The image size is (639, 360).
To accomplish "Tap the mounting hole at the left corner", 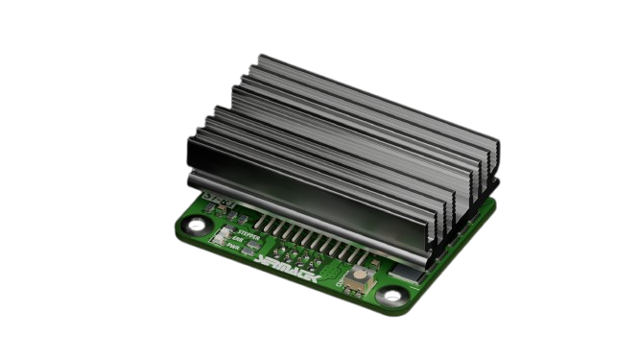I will coord(196,227).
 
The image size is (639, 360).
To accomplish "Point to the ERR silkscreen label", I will coord(239,240).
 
